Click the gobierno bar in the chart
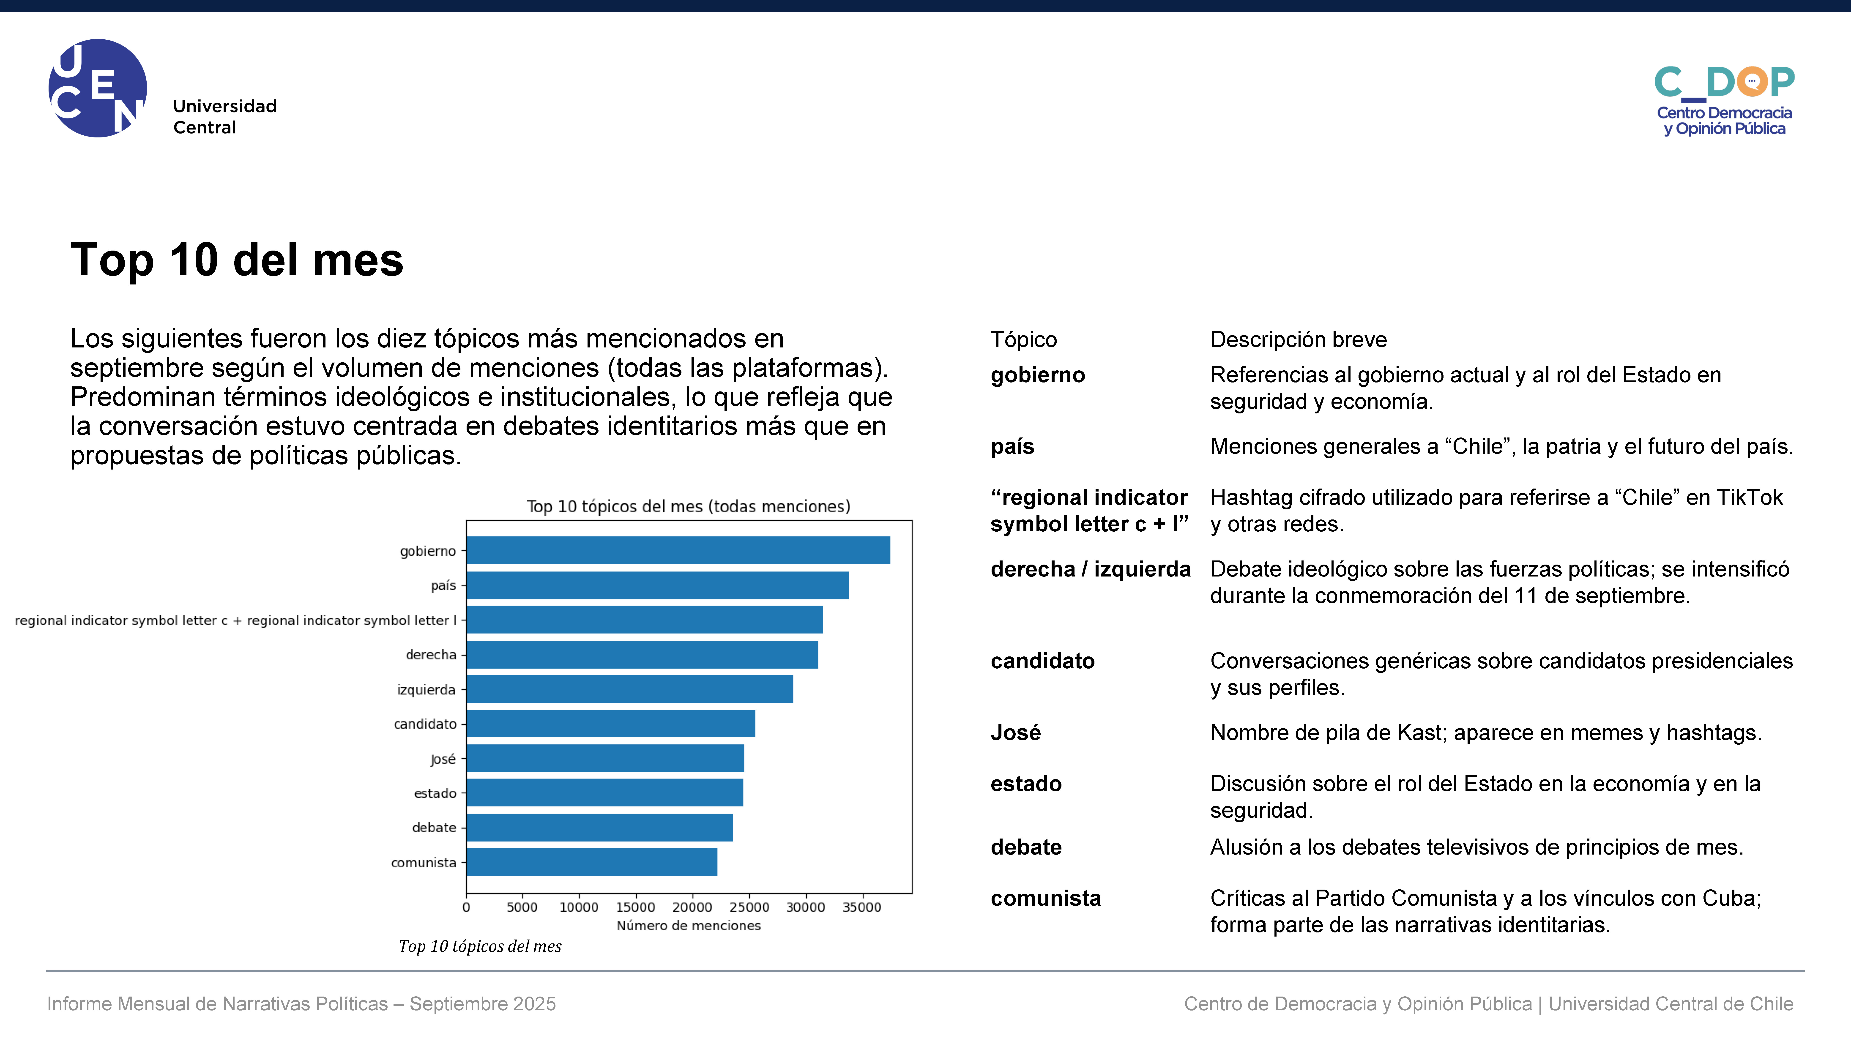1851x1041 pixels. pos(678,550)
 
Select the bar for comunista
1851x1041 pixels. pos(592,862)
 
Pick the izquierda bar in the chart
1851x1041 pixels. pos(630,689)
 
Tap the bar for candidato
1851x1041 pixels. pos(611,724)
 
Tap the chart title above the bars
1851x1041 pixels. pos(688,506)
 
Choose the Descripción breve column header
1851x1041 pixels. pos(1299,339)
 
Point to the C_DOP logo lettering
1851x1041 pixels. pos(1725,82)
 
